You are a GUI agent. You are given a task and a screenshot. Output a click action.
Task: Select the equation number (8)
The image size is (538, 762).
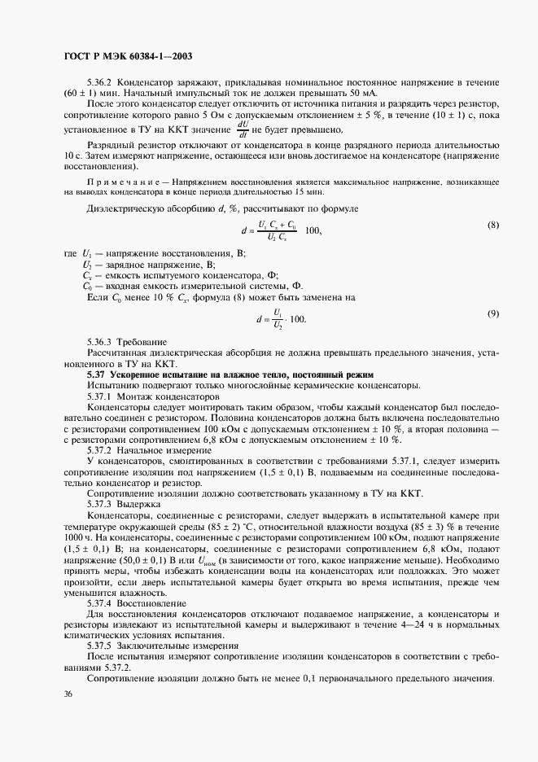(492, 225)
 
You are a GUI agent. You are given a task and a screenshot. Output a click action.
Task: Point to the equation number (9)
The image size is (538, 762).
(492, 313)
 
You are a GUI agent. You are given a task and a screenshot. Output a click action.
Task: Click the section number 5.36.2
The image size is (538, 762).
(102, 83)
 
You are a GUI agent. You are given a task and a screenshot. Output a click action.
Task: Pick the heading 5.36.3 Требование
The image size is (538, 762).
(127, 341)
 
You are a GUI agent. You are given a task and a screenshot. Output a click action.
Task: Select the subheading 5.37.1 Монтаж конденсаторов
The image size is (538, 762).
(152, 395)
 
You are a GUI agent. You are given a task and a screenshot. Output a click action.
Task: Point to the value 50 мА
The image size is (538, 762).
(363, 94)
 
